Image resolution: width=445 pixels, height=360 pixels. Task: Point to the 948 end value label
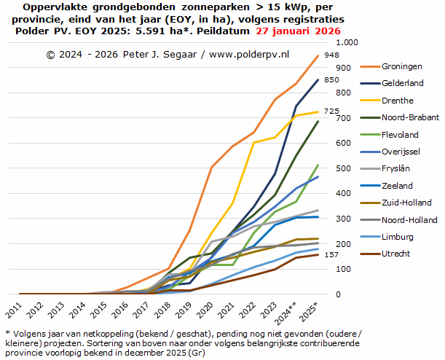tap(331, 55)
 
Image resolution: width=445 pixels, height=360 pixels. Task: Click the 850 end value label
tap(331, 79)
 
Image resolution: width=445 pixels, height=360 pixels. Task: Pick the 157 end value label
tap(331, 254)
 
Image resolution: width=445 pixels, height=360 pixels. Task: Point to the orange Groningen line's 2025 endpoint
tap(317, 56)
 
